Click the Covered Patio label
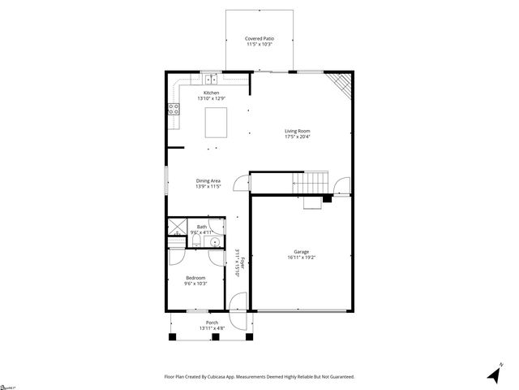click(x=259, y=38)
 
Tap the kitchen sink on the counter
click(x=211, y=79)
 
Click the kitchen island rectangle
click(x=217, y=123)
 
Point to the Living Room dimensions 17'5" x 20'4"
click(x=298, y=136)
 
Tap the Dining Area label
click(x=208, y=180)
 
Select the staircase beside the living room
click(x=311, y=184)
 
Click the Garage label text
click(x=301, y=252)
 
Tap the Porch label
click(x=212, y=323)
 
